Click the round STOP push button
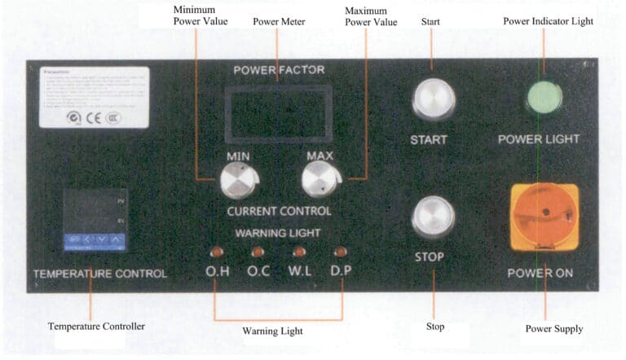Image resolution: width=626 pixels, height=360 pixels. (433, 217)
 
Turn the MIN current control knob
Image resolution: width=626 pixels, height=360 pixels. (238, 180)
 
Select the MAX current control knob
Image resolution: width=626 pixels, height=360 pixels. (319, 178)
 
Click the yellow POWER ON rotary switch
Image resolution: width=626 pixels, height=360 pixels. (544, 217)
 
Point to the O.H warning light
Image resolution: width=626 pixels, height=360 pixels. (217, 252)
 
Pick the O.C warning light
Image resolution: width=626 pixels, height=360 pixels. (258, 252)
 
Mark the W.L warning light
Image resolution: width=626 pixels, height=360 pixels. (299, 252)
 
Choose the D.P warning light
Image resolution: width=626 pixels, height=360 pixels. (341, 252)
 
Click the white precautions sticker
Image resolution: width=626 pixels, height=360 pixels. (94, 97)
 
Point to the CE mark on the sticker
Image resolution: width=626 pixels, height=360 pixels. (93, 116)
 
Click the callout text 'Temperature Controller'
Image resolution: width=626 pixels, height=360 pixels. (96, 327)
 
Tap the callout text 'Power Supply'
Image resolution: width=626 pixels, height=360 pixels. (554, 329)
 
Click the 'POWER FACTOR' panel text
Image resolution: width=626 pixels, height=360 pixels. (279, 70)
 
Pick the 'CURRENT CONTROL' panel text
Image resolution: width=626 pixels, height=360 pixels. (279, 211)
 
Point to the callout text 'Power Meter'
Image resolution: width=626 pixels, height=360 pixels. (279, 21)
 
